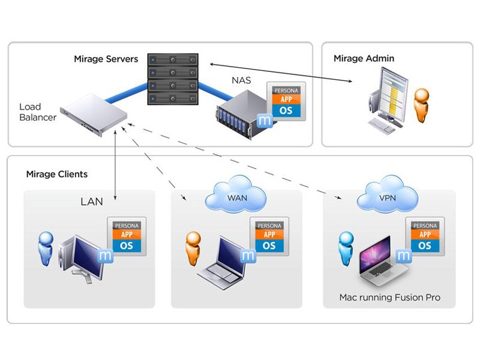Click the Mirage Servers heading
106,59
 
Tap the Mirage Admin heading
364,58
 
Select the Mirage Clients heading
57,174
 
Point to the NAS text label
242,79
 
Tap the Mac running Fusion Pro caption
389,297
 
